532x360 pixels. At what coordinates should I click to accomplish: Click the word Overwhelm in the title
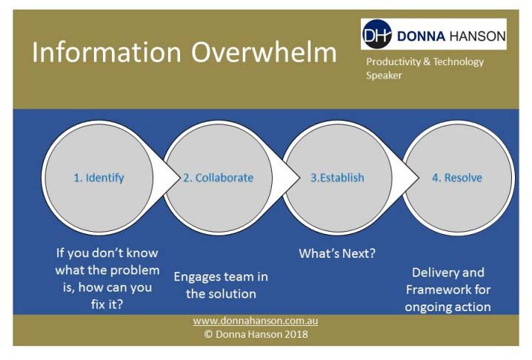[x=264, y=52]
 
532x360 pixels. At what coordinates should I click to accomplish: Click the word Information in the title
[x=107, y=52]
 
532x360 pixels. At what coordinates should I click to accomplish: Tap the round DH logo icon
[x=376, y=34]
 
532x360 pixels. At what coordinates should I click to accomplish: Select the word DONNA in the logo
[x=421, y=36]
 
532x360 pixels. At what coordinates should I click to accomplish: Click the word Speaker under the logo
[x=384, y=76]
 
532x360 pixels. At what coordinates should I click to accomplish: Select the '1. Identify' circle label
[x=99, y=178]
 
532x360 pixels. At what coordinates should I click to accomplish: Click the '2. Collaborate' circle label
[x=219, y=178]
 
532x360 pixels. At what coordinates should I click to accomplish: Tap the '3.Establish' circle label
[x=337, y=178]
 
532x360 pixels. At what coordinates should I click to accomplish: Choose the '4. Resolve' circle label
[x=457, y=178]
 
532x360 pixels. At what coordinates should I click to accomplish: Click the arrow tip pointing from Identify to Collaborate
[x=179, y=178]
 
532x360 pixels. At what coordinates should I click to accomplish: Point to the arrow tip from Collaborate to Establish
[x=299, y=178]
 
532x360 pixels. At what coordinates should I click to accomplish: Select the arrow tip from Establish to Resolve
[x=419, y=178]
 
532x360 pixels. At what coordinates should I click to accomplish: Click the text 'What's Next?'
[x=337, y=253]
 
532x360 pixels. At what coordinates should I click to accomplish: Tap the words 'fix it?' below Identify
[x=107, y=304]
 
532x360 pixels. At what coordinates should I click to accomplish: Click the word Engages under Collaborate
[x=197, y=277]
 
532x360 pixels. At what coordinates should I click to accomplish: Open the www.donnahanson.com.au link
[x=256, y=321]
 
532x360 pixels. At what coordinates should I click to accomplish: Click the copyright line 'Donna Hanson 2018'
[x=262, y=334]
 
